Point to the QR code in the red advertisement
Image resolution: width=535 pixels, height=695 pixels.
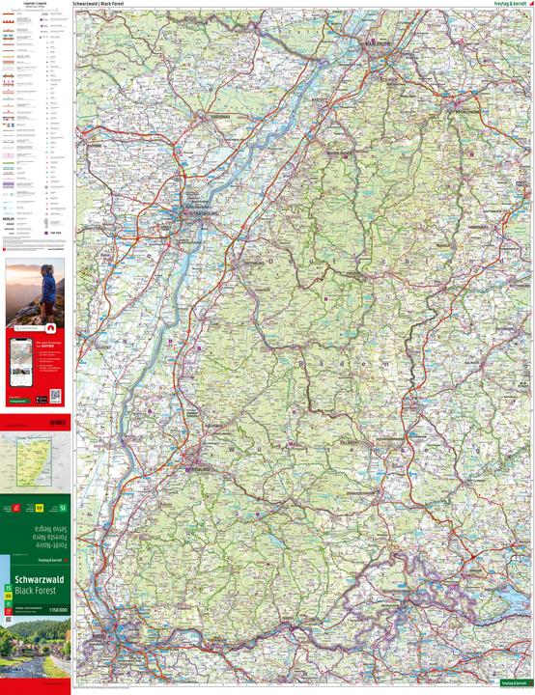coord(55,396)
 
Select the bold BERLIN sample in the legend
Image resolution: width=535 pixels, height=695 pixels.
coord(12,221)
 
